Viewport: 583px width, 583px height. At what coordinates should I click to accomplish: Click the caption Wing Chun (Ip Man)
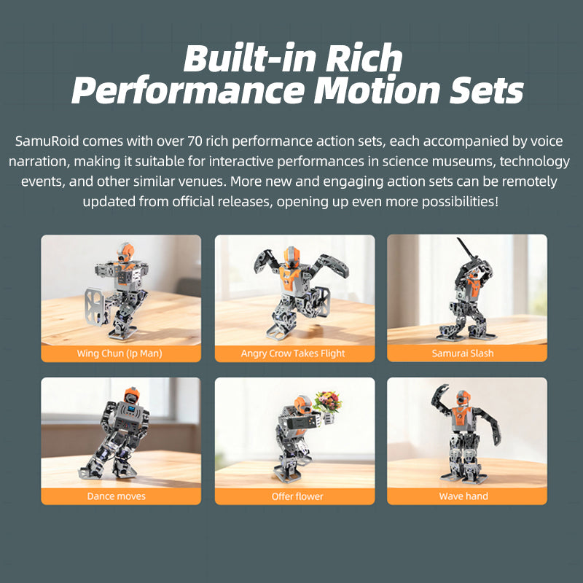(x=120, y=353)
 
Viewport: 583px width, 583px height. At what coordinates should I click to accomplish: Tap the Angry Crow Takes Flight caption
(x=293, y=353)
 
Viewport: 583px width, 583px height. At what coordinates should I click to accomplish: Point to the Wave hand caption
(x=463, y=496)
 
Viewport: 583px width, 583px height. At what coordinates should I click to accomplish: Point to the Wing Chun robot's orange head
(x=123, y=254)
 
